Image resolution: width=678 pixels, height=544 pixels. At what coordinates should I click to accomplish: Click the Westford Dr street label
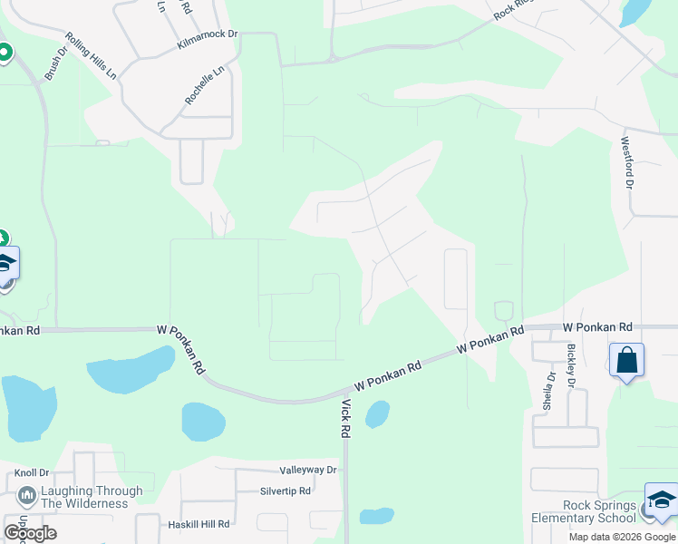tap(625, 162)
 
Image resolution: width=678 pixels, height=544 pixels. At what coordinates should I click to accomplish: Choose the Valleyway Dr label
tap(308, 470)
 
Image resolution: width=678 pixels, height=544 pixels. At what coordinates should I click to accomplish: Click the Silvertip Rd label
tap(285, 491)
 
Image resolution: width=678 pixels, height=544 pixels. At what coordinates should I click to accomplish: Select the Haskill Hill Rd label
tap(199, 524)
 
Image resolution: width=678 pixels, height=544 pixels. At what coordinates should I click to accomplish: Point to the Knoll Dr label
tap(32, 473)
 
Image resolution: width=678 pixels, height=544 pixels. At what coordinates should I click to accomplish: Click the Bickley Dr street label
tap(571, 365)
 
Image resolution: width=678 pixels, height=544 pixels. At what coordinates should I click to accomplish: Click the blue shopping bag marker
tap(626, 360)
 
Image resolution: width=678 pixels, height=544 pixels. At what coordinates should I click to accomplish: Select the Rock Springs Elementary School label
tap(586, 512)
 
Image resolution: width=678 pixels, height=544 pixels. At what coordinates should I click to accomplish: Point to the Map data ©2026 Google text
tap(622, 537)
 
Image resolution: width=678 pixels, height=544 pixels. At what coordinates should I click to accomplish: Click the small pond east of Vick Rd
tap(377, 414)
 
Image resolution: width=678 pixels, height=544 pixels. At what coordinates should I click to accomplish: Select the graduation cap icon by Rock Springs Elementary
tap(661, 500)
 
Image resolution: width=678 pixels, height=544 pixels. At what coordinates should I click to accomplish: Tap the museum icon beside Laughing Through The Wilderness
tap(26, 497)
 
